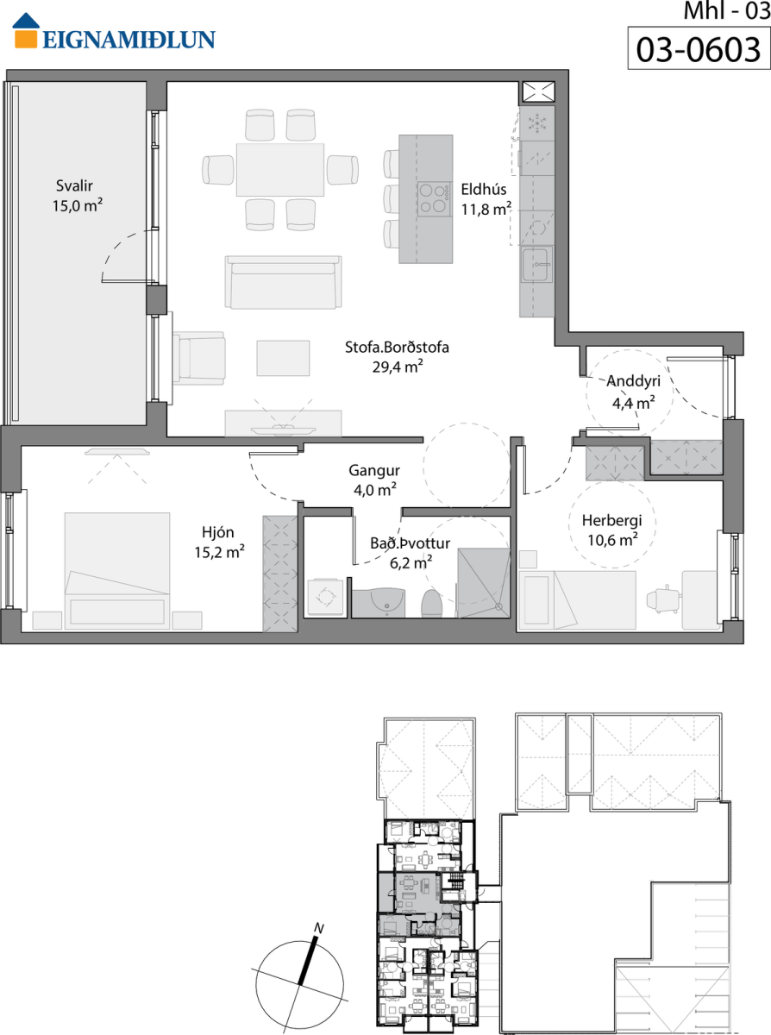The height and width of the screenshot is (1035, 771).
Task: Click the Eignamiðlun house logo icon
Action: click(x=26, y=30)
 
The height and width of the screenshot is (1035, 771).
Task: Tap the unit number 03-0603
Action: click(x=699, y=49)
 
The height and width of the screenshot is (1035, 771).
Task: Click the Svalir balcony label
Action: click(x=74, y=185)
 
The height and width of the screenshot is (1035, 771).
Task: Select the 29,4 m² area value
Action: click(x=398, y=367)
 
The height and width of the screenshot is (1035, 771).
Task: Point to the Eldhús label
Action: click(x=484, y=190)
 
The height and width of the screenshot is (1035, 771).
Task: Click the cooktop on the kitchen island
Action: click(x=435, y=199)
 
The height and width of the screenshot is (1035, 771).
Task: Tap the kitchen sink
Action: click(x=537, y=266)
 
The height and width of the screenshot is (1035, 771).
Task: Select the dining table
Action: click(x=280, y=170)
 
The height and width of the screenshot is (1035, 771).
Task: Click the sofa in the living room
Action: click(x=283, y=282)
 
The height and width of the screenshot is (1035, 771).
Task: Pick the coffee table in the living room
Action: click(x=283, y=359)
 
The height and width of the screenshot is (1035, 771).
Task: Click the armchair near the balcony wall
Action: click(x=199, y=359)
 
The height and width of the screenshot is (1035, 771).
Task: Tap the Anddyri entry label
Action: click(x=633, y=381)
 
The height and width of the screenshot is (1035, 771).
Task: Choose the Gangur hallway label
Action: click(x=373, y=470)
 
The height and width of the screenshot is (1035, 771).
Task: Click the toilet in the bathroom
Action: click(x=432, y=604)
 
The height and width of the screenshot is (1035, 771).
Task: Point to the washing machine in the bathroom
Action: click(x=325, y=598)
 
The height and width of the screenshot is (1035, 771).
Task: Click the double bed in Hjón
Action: click(x=117, y=571)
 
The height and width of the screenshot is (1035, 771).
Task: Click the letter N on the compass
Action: click(x=319, y=928)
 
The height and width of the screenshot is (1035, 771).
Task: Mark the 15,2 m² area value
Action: click(x=219, y=553)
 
